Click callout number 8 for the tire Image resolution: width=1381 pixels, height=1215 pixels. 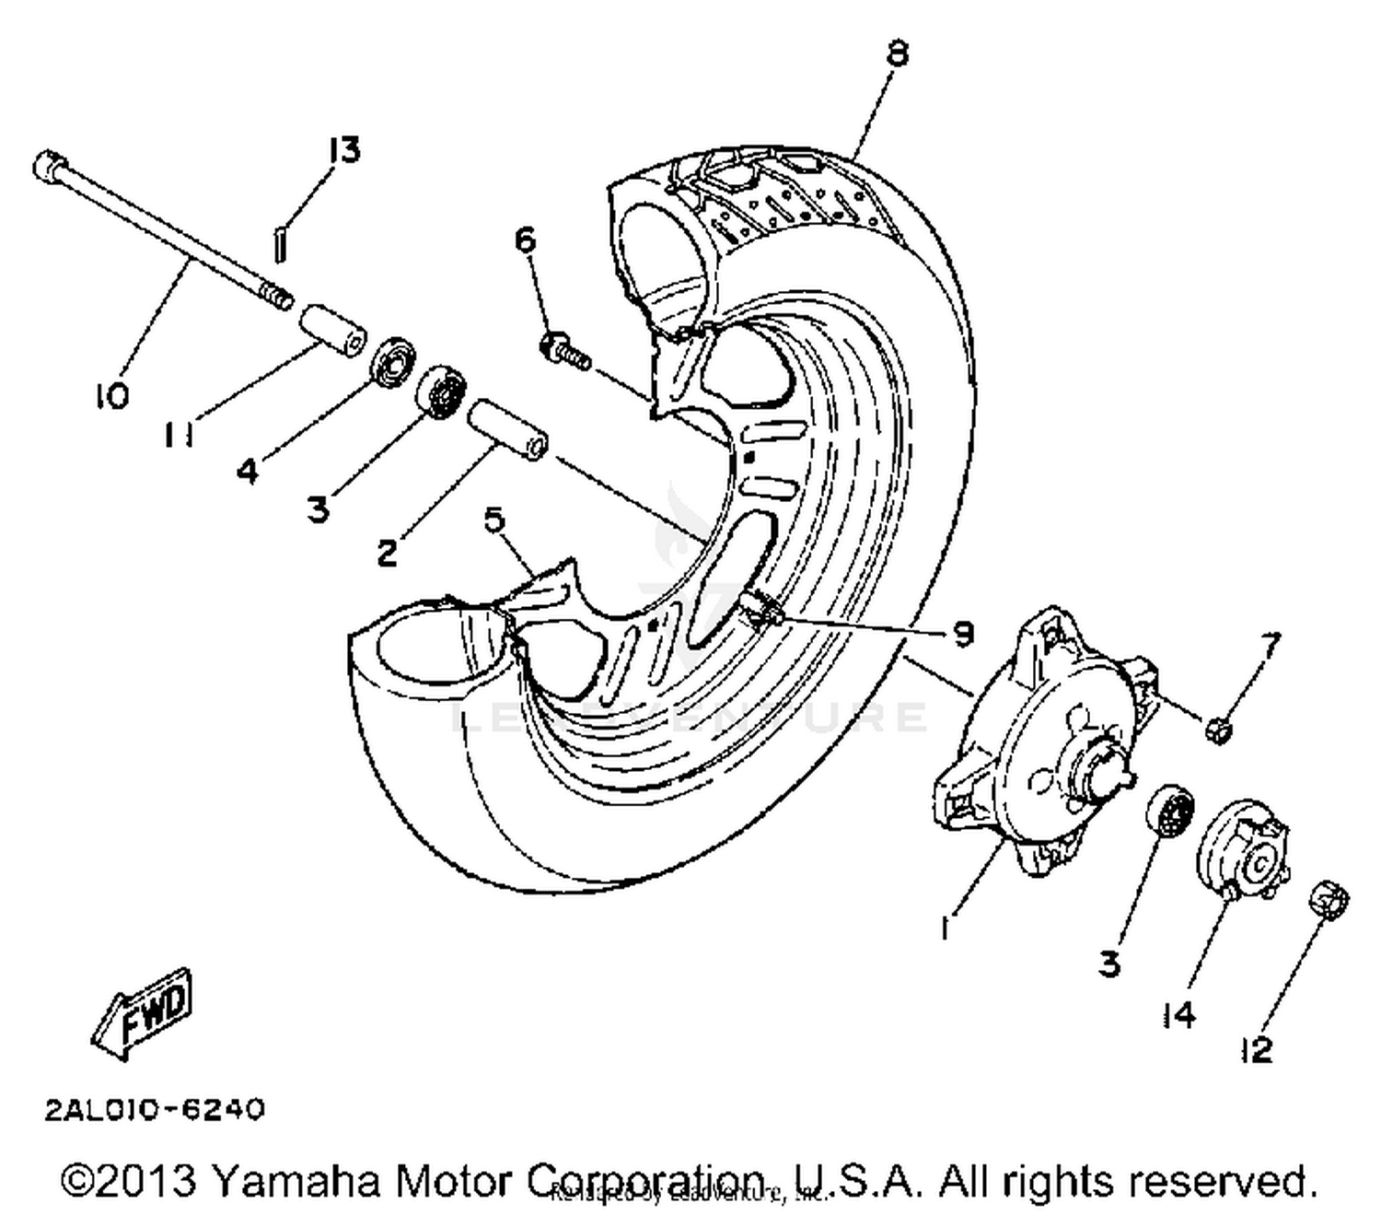(x=897, y=53)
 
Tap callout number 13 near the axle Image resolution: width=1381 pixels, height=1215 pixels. (x=342, y=150)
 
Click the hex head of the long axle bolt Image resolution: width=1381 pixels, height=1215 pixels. (x=48, y=167)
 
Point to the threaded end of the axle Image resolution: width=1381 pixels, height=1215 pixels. (x=276, y=296)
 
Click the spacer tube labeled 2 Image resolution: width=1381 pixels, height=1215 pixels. (x=509, y=428)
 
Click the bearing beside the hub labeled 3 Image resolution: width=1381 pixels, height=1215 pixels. (x=1171, y=811)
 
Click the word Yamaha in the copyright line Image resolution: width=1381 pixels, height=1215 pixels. (x=296, y=1180)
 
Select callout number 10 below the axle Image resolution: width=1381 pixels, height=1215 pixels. (x=110, y=397)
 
